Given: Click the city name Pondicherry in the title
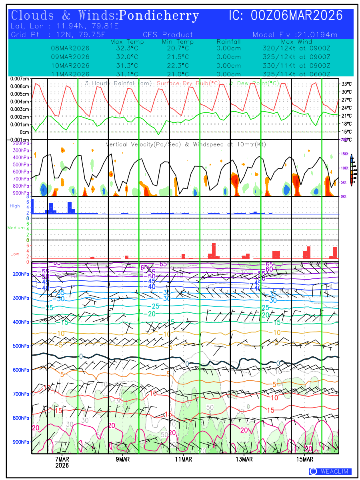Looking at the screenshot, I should [x=159, y=16].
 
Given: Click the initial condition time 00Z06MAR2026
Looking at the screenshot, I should [x=296, y=16].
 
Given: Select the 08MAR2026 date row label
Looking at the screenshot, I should [x=70, y=48].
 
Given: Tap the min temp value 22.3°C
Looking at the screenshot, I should [x=178, y=66].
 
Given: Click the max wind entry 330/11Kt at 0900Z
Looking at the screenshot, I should [x=296, y=66].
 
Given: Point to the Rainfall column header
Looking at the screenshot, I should [x=228, y=42].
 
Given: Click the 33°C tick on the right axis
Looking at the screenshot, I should [x=346, y=84].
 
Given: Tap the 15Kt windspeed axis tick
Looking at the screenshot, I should [x=345, y=154].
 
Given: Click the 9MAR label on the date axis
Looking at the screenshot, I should [x=123, y=459].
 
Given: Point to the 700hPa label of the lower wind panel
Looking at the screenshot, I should [x=20, y=394].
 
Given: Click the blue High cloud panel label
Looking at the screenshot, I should [x=15, y=206].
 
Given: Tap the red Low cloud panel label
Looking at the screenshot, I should [x=15, y=254].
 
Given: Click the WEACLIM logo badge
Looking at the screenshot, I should [x=330, y=472].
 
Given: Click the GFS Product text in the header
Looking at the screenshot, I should [x=168, y=35].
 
